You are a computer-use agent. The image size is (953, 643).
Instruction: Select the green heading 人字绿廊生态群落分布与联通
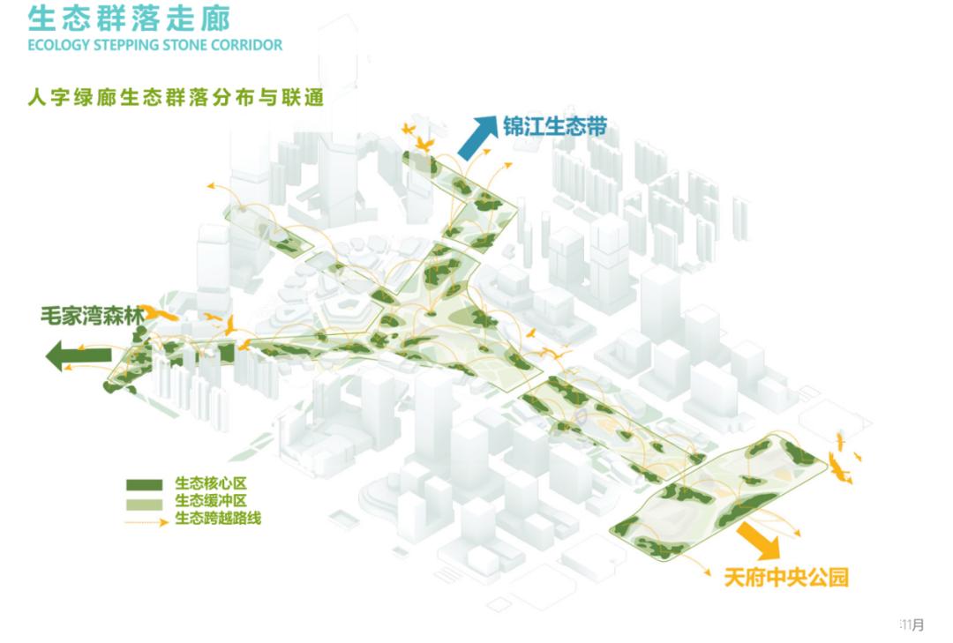(x=175, y=96)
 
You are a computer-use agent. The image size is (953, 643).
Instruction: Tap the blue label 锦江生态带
(x=555, y=125)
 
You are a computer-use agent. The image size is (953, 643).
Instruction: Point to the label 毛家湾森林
(x=91, y=314)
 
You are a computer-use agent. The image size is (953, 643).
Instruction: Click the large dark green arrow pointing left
(x=79, y=355)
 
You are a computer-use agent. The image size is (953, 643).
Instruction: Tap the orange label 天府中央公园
(x=786, y=578)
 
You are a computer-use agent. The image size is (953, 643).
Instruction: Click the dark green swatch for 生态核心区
(x=144, y=485)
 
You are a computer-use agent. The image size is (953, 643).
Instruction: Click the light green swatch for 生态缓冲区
(x=144, y=503)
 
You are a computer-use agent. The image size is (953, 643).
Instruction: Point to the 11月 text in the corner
(x=912, y=625)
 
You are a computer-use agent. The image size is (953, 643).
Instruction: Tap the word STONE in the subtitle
(x=186, y=45)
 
